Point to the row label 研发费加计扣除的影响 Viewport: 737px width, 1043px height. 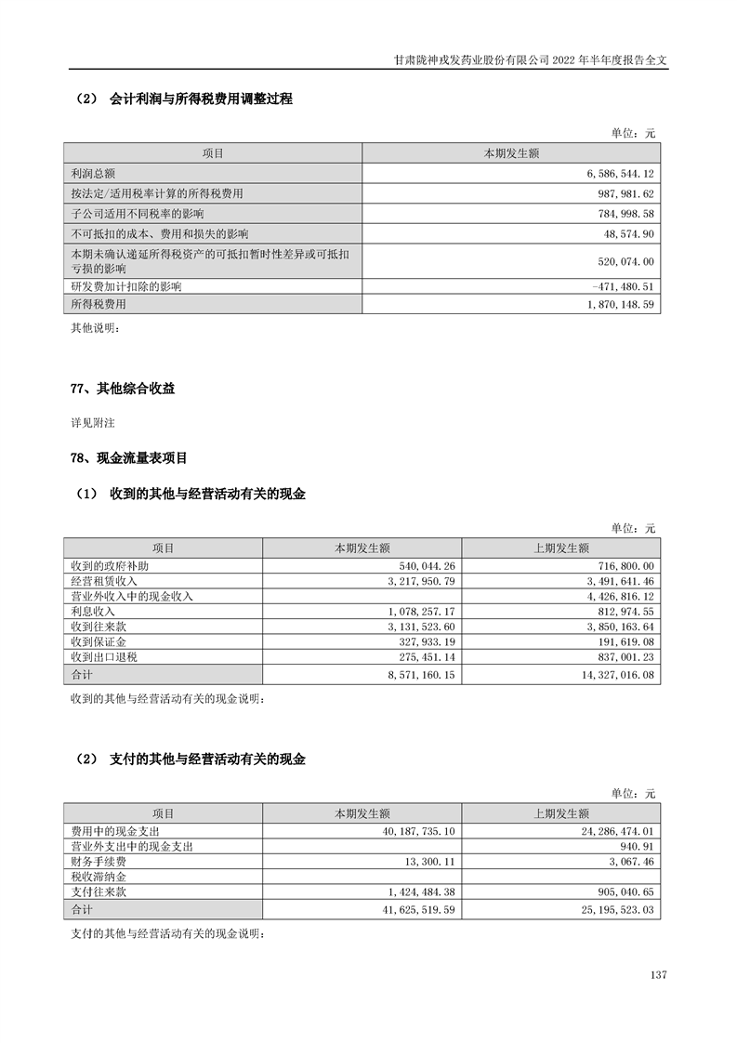[125, 286]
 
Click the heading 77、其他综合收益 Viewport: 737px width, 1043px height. [123, 389]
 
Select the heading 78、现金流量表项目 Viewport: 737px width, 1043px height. [129, 457]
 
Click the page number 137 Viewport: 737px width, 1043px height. [659, 975]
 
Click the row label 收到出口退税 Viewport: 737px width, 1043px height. [105, 657]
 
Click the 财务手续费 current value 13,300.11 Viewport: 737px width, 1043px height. [426, 862]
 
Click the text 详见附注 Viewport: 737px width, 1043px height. [93, 423]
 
